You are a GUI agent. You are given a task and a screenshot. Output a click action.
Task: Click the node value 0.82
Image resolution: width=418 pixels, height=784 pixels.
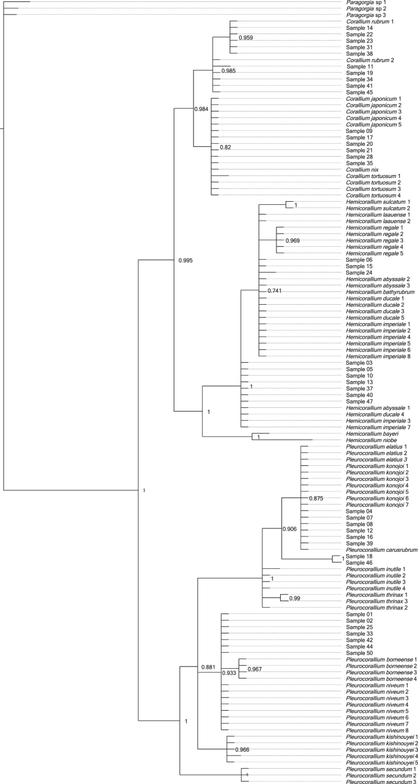[x=226, y=148]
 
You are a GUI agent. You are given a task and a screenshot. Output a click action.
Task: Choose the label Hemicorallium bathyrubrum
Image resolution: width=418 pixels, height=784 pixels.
[x=377, y=292]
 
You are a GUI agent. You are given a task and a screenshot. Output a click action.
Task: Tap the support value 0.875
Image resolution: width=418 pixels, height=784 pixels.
[x=316, y=498]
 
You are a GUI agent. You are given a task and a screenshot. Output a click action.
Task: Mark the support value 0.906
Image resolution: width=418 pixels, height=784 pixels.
[x=290, y=529]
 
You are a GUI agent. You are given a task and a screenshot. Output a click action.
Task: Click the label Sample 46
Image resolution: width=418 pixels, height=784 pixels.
[x=359, y=562]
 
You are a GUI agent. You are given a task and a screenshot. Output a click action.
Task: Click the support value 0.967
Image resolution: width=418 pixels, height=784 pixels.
[x=256, y=670]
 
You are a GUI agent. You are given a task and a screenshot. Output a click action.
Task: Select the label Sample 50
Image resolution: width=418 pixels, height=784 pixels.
[x=359, y=653]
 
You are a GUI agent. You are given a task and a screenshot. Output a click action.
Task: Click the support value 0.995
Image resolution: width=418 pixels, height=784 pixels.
[x=186, y=261]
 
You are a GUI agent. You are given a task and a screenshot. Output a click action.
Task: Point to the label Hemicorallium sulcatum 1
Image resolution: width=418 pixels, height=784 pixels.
[x=378, y=201]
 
